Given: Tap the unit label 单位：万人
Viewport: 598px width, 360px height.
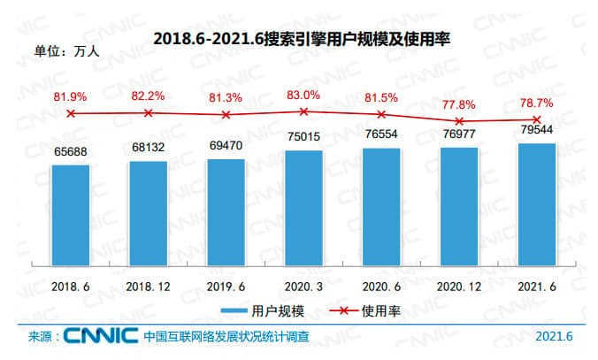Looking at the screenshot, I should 66,50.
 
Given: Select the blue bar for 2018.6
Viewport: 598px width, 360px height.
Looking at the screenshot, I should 70,215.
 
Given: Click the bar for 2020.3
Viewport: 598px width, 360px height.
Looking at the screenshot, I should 303,208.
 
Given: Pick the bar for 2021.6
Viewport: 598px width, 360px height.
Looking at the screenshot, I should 537,204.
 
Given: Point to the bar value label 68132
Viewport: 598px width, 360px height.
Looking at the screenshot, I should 148,146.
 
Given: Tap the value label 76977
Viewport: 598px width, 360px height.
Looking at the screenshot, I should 459,132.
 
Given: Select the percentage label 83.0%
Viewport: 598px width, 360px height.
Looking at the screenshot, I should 303,96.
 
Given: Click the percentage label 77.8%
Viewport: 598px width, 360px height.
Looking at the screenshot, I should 459,104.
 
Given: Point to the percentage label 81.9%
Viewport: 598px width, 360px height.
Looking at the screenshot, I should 70,96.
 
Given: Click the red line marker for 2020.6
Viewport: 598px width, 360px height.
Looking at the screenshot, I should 381,115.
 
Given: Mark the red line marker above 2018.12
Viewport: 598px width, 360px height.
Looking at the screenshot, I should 148,113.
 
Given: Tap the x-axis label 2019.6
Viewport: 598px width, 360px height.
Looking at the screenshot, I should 226,288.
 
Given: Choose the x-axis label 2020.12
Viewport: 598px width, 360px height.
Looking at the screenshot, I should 459,288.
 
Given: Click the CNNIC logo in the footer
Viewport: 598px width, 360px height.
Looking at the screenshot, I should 100,336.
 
